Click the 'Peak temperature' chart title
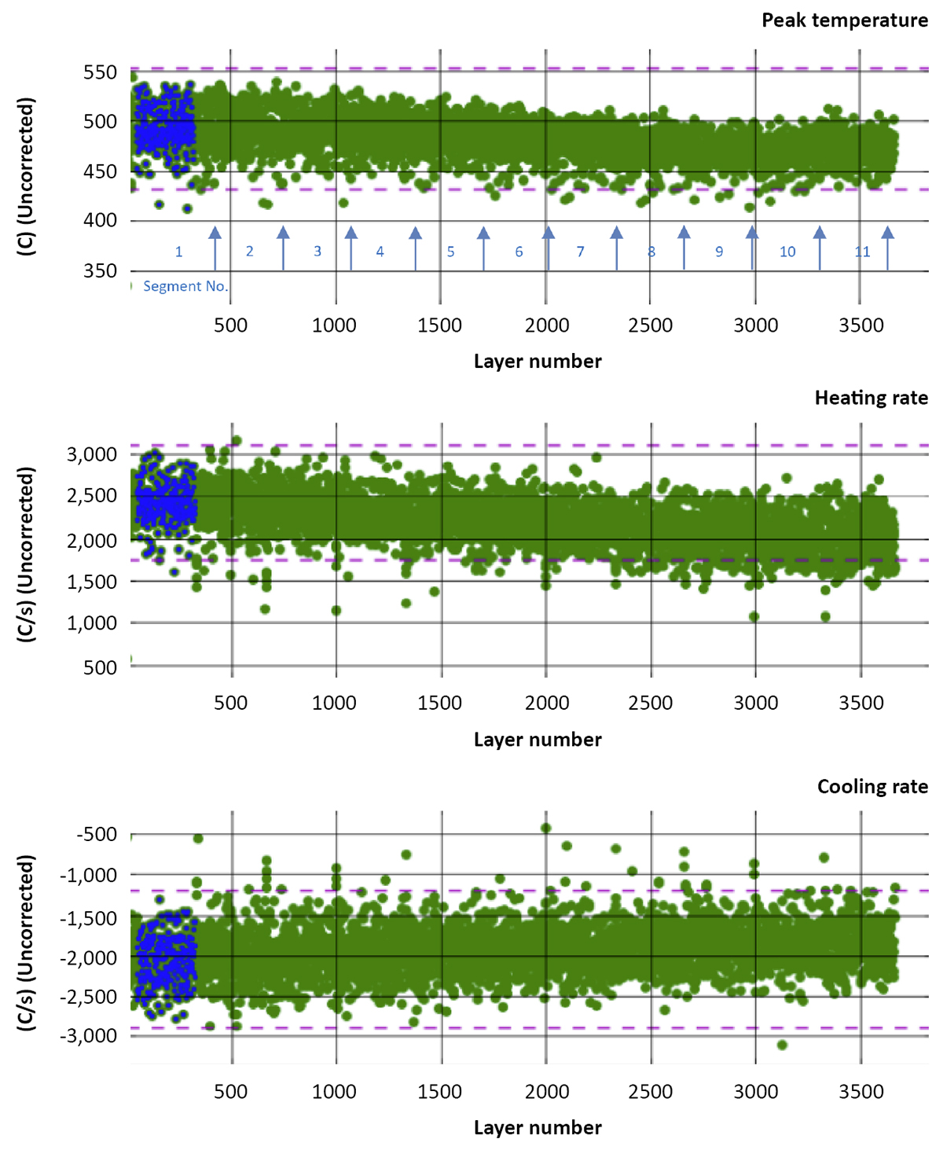click(x=844, y=20)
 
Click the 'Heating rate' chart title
click(x=871, y=398)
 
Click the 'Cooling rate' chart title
click(x=872, y=787)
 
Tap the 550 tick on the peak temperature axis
click(x=100, y=72)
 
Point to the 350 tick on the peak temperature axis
click(x=100, y=270)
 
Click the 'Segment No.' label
click(x=185, y=286)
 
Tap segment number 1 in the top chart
click(x=178, y=252)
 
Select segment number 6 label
click(x=519, y=252)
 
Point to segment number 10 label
click(x=787, y=252)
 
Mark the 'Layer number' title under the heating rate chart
click(x=538, y=740)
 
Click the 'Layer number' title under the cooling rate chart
click(x=538, y=1127)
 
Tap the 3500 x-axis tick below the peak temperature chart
click(x=860, y=325)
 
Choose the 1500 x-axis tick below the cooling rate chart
click(x=440, y=1091)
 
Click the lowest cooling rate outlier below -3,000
click(x=782, y=1045)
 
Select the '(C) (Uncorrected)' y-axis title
click(x=27, y=177)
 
